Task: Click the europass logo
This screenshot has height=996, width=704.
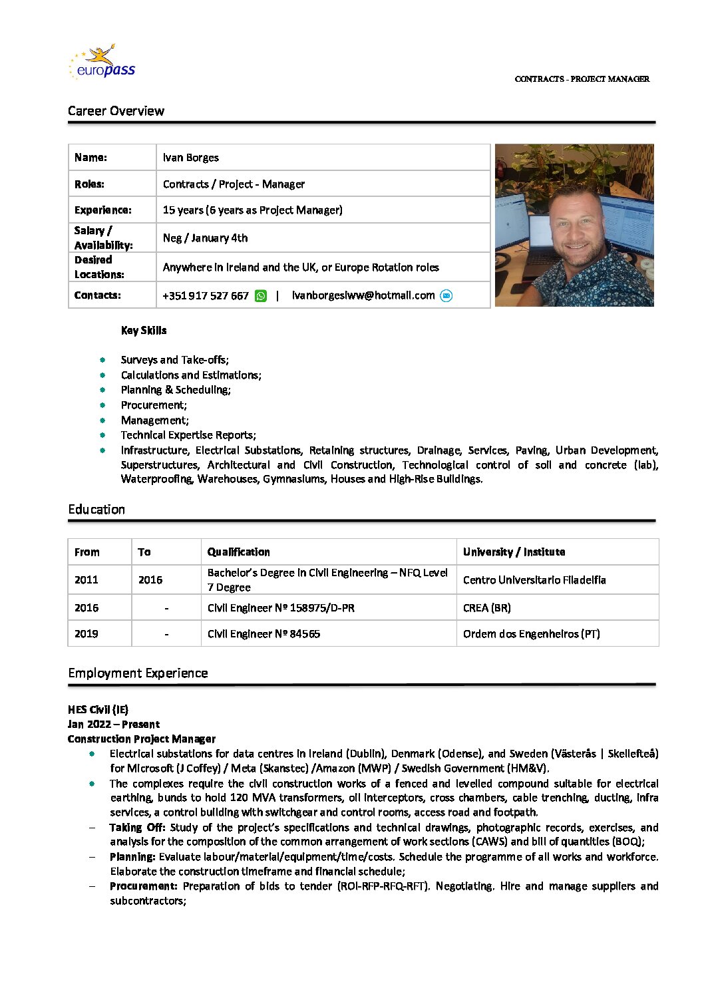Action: [102, 63]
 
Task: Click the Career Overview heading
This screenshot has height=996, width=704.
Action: [116, 111]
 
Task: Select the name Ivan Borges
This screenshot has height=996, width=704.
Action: [190, 158]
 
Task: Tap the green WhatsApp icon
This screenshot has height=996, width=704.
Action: [261, 295]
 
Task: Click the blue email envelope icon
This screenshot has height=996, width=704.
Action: [446, 295]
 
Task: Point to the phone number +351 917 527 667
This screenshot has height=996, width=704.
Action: [206, 295]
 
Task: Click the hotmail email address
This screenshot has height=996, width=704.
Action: [363, 295]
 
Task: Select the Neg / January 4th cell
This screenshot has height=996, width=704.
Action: [205, 238]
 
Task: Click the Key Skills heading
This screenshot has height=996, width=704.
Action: [144, 331]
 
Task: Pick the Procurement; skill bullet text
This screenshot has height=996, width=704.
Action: [154, 405]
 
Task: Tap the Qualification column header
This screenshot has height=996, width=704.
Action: [238, 552]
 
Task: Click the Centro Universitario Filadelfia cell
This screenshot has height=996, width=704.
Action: [534, 580]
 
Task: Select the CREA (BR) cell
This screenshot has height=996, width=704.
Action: [486, 608]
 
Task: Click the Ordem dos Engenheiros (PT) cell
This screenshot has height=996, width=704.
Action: [531, 634]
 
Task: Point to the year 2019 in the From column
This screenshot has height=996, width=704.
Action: [87, 634]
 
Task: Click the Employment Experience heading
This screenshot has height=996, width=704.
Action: [138, 673]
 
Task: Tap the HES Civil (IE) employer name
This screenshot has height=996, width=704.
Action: [98, 710]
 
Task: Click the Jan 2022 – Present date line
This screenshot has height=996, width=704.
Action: [114, 725]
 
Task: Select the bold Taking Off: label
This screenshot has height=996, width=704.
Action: [137, 828]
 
